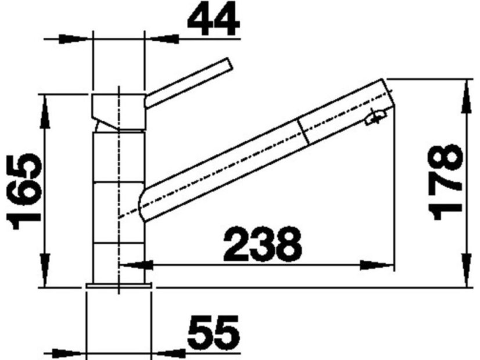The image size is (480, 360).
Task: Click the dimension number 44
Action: pyautogui.click(x=213, y=19)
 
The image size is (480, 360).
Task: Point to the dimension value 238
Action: pyautogui.click(x=263, y=244)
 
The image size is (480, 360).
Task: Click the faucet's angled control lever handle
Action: pyautogui.click(x=189, y=82)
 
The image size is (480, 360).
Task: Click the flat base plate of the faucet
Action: pyautogui.click(x=119, y=286)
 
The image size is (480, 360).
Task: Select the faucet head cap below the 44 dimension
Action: pyautogui.click(x=118, y=111)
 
